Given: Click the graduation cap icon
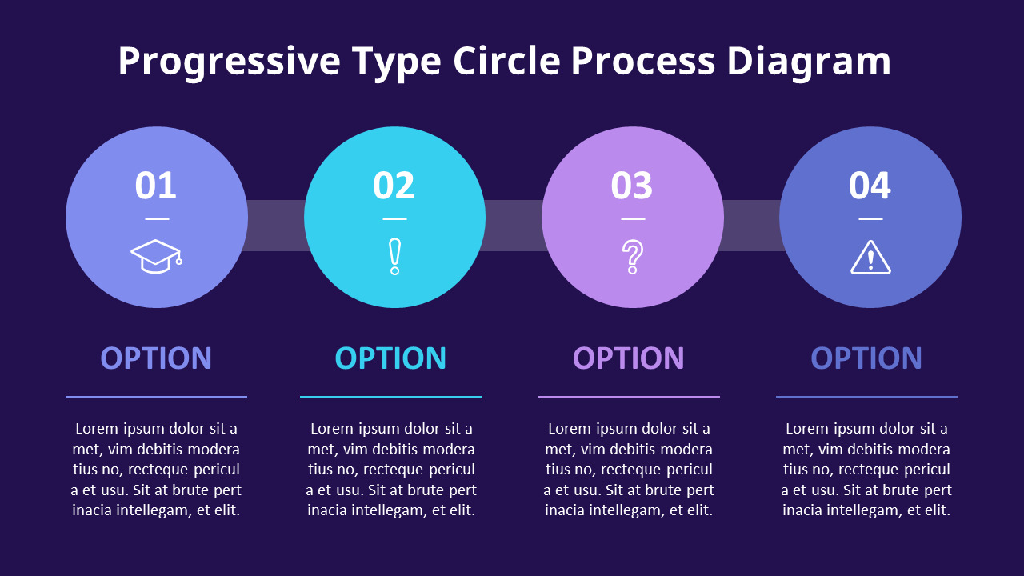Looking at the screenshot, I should [x=157, y=257].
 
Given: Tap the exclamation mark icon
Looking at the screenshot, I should [x=394, y=257].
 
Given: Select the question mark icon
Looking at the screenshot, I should [x=633, y=257].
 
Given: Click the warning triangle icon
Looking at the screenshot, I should [x=870, y=258].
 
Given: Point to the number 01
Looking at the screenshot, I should [x=156, y=186].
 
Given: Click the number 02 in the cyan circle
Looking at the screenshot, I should [x=394, y=186].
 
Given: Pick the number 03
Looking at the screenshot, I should [x=632, y=186].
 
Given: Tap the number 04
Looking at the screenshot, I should [x=870, y=186].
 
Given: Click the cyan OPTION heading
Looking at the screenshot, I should [x=390, y=358].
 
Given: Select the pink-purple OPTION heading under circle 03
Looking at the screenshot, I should [x=629, y=358].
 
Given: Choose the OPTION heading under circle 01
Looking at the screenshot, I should [x=156, y=358].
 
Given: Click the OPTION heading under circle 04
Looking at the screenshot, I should [x=866, y=358].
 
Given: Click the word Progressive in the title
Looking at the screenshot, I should [x=230, y=62].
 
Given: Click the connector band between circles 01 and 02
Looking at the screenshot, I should [x=276, y=226].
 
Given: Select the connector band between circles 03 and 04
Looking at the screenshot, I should [x=750, y=226].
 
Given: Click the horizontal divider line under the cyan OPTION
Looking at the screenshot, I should [x=390, y=397].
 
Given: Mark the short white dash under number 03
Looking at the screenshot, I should [x=633, y=218].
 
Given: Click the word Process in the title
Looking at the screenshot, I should [x=643, y=62].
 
